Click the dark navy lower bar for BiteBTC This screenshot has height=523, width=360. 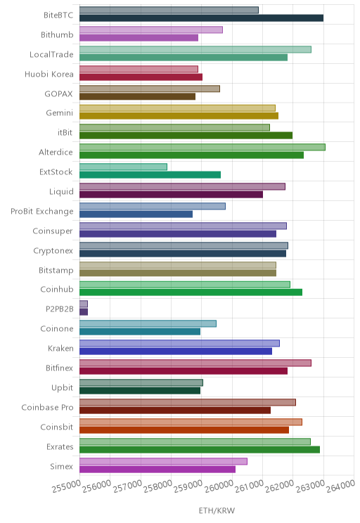click(x=202, y=18)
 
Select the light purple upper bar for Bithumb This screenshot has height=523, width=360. click(x=151, y=30)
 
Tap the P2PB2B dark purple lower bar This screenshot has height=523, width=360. click(x=84, y=312)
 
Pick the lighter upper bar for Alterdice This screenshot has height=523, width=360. click(x=202, y=147)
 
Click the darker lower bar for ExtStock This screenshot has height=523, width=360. click(x=150, y=175)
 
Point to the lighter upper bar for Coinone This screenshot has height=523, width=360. click(x=148, y=323)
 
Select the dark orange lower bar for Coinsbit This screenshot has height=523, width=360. click(x=184, y=430)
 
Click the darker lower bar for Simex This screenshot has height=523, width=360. click(x=157, y=470)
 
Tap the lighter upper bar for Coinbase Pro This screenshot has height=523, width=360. click(x=188, y=402)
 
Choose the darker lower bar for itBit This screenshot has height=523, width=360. click(x=186, y=136)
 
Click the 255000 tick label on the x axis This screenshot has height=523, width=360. click(x=66, y=486)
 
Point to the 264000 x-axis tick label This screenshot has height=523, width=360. click(x=340, y=486)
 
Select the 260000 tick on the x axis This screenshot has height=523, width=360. click(x=219, y=486)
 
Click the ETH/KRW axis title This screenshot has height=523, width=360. click(x=217, y=510)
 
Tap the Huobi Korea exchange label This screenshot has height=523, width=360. click(x=49, y=74)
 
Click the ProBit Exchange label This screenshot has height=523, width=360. click(x=42, y=212)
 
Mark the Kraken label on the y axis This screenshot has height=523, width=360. click(x=60, y=349)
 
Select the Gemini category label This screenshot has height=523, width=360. click(x=59, y=113)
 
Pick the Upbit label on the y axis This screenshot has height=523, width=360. click(x=63, y=388)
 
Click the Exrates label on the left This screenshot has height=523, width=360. click(x=60, y=447)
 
